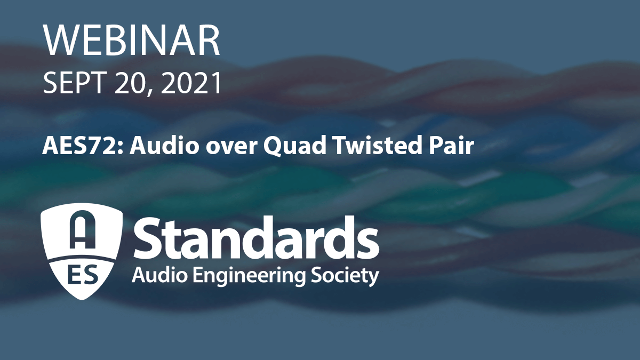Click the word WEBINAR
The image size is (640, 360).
click(x=132, y=41)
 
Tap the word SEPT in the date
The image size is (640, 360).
click(x=73, y=83)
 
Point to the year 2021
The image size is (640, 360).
click(x=191, y=83)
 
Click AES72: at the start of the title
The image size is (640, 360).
click(x=83, y=146)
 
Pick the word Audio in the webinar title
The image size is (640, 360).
click(x=164, y=146)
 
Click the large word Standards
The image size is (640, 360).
click(x=256, y=238)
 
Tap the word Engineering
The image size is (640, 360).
click(x=250, y=277)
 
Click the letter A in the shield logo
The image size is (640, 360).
click(x=83, y=229)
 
